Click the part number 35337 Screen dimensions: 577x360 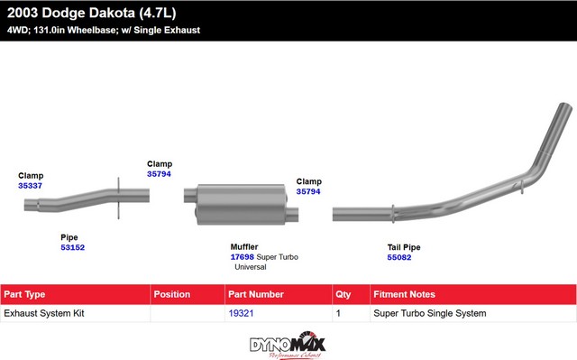(30, 186)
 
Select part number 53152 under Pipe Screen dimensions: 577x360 (72, 247)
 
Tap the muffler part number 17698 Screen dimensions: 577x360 (243, 257)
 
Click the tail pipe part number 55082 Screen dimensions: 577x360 (399, 257)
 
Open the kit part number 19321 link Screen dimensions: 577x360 (241, 313)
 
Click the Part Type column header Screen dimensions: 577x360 (24, 294)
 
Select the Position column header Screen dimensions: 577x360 (172, 294)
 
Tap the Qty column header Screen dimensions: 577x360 (343, 294)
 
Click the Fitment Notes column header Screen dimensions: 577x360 (404, 294)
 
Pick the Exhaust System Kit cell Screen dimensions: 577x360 (44, 313)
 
